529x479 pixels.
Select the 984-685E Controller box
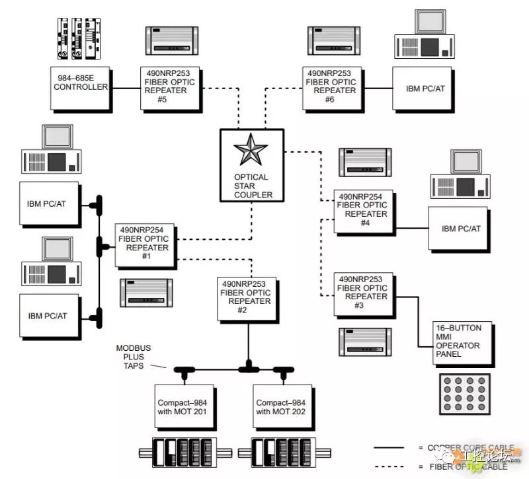coord(81,87)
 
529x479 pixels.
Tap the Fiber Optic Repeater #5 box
coord(167,87)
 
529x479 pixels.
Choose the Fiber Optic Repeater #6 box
coord(331,87)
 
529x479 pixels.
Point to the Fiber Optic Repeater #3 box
coord(362,293)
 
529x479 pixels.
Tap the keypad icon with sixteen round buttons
coord(466,394)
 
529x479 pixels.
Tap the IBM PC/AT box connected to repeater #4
coord(461,229)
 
